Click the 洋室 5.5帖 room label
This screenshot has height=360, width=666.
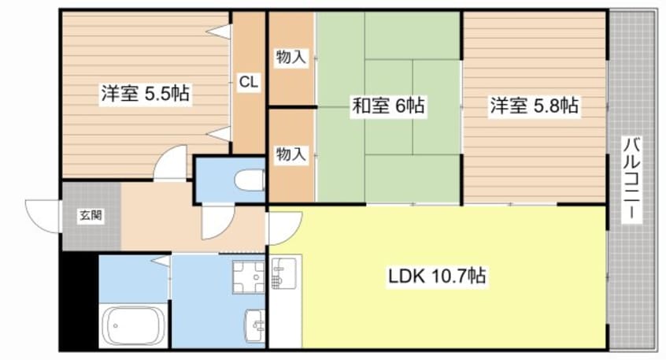tap(143, 93)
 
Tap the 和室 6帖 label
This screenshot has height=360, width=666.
tap(387, 106)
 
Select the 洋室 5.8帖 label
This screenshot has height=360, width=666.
tap(535, 106)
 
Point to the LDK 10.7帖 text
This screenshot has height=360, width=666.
tap(435, 276)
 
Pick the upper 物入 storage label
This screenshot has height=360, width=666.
tap(290, 57)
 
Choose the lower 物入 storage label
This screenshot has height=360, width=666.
tap(290, 155)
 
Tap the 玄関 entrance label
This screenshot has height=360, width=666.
tap(88, 214)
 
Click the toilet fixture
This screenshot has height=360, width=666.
tap(251, 180)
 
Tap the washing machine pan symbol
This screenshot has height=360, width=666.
tap(250, 276)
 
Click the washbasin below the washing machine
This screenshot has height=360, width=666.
tap(253, 322)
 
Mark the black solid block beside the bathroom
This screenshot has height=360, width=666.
tap(79, 299)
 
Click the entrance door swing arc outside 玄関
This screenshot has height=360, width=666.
tap(43, 215)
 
